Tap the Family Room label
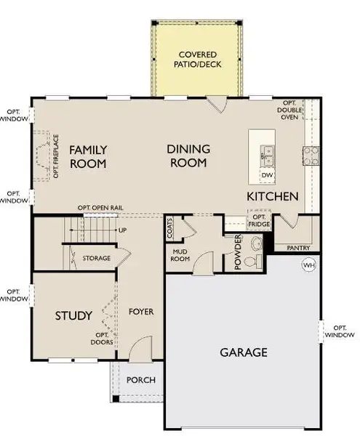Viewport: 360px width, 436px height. point(88,156)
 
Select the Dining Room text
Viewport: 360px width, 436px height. point(188,156)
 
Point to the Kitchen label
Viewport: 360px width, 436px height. point(273,196)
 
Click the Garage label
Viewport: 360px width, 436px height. point(244,352)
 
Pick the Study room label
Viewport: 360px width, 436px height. point(74,315)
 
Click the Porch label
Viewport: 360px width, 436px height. point(137,380)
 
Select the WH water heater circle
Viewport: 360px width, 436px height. point(308,264)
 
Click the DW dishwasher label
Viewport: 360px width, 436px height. point(266,175)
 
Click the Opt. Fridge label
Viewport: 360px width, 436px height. point(258,219)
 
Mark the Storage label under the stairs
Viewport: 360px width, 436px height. point(96,258)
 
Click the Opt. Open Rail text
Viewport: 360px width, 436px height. point(101,208)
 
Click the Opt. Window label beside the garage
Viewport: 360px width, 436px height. point(340,331)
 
